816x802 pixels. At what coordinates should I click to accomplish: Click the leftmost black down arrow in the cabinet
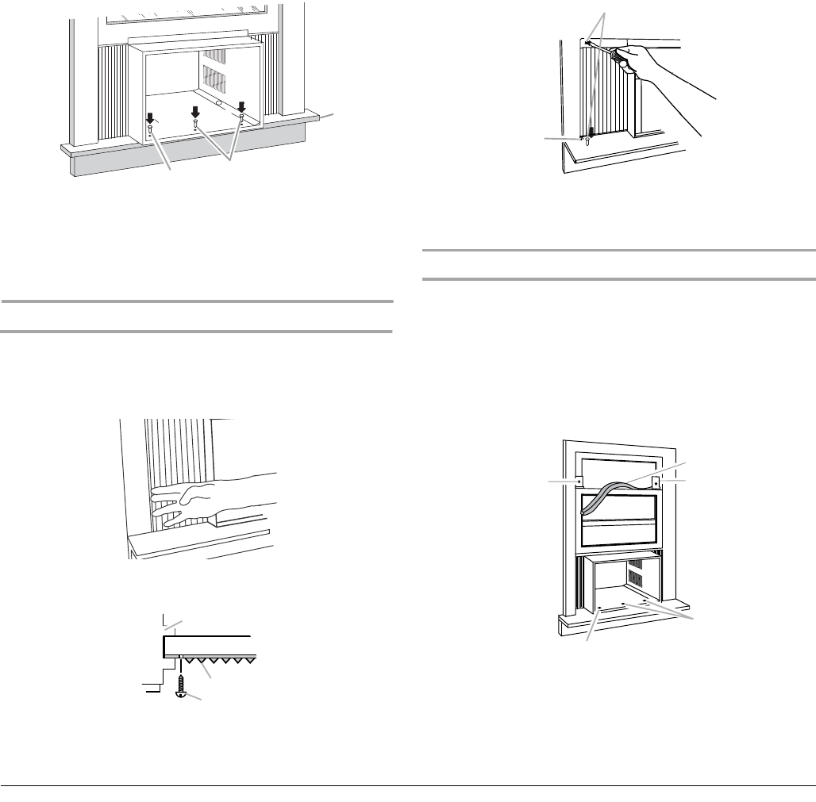pos(150,117)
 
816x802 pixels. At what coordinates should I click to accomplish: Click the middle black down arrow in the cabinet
pos(194,111)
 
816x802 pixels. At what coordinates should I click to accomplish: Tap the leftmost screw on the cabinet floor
pos(150,131)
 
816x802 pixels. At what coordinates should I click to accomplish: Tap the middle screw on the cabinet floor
pos(195,123)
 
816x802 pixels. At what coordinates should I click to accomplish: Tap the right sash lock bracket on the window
pos(656,481)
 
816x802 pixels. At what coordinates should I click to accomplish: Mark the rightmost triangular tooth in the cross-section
pos(244,660)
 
